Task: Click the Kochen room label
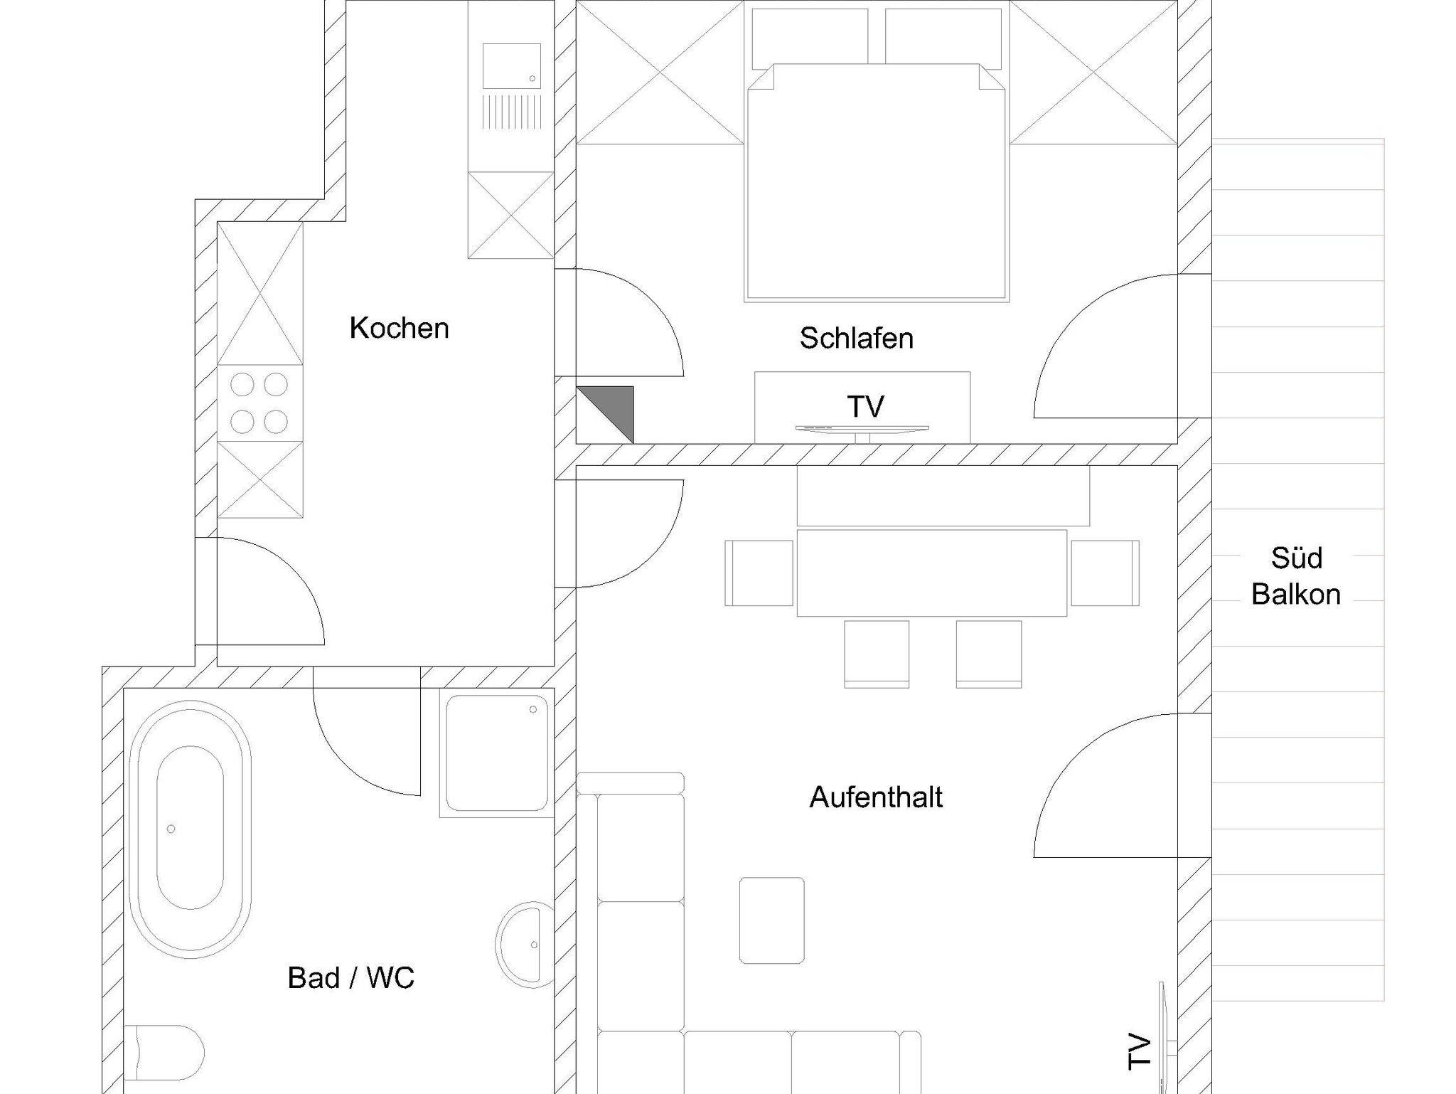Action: tap(399, 328)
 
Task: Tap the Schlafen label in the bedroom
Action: tap(856, 338)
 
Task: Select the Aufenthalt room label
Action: tap(876, 797)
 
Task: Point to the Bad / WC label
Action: tap(350, 978)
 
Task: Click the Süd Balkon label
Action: tap(1296, 576)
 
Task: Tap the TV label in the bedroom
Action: tap(865, 407)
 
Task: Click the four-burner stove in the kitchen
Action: tap(260, 403)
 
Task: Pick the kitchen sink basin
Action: tap(511, 66)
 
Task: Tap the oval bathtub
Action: tap(190, 829)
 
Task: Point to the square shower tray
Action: tap(497, 753)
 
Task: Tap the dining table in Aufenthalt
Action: tap(931, 573)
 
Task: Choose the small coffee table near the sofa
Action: tap(771, 920)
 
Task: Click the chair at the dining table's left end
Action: tap(759, 573)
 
